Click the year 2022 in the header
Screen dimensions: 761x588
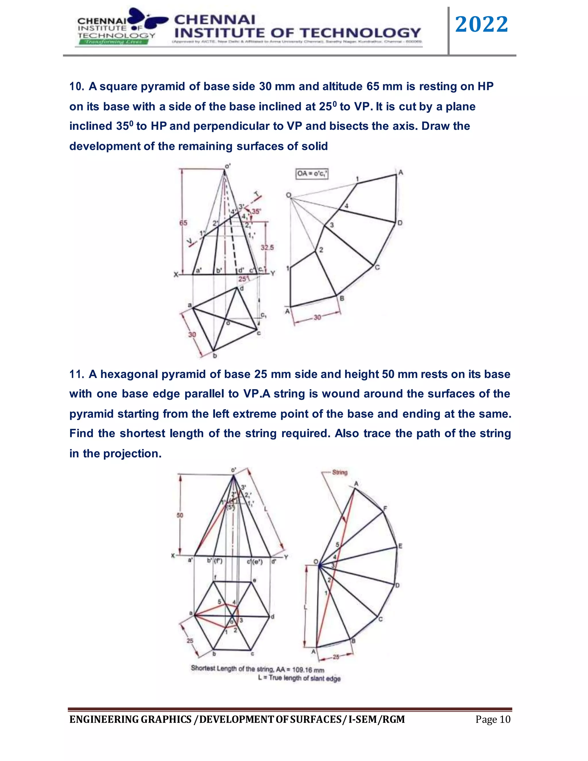pos(481,24)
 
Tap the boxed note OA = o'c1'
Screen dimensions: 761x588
pos(312,173)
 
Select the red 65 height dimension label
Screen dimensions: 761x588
pos(183,223)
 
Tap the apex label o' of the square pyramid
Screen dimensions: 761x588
pos(227,166)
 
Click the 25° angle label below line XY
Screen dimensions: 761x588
pos(243,279)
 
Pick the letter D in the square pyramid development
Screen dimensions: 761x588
pos(400,223)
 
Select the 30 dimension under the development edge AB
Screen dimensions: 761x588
pos(317,317)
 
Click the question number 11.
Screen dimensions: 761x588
pos(76,374)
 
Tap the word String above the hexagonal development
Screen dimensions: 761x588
pos(340,472)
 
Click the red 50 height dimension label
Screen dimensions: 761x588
pos(180,515)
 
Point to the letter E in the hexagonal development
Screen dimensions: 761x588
pos(400,546)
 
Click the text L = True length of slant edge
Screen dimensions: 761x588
pos(299,678)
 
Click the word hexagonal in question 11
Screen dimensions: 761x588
pos(129,374)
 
